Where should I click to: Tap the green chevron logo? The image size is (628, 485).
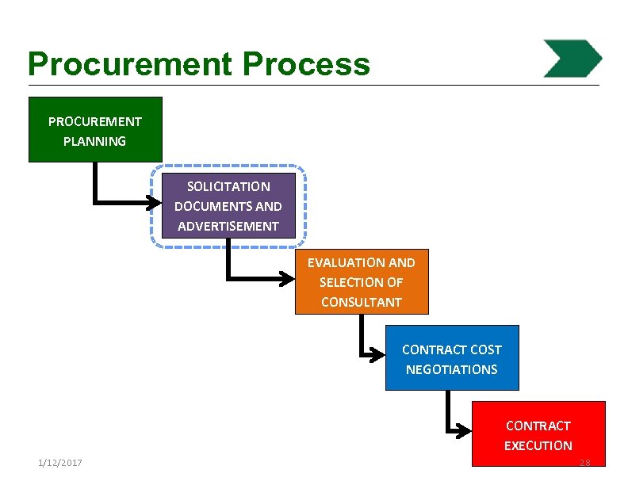pyautogui.click(x=572, y=59)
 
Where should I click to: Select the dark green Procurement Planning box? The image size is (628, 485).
pyautogui.click(x=95, y=129)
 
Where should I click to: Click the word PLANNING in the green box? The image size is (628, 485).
pyautogui.click(x=95, y=142)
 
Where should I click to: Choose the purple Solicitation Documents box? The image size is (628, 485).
pyautogui.click(x=228, y=206)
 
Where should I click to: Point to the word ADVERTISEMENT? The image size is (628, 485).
pyautogui.click(x=228, y=227)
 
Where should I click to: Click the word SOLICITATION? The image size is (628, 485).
pyautogui.click(x=228, y=187)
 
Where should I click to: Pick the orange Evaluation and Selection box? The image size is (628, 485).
pyautogui.click(x=362, y=282)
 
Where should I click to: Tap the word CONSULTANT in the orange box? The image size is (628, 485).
pyautogui.click(x=362, y=302)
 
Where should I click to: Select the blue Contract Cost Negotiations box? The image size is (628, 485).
pyautogui.click(x=452, y=358)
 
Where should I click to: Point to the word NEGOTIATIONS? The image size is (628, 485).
pyautogui.click(x=452, y=369)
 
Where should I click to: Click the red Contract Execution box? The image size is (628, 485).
pyautogui.click(x=538, y=434)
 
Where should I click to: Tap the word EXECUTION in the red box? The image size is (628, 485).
pyautogui.click(x=538, y=445)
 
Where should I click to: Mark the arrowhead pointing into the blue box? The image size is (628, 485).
pyautogui.click(x=379, y=354)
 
